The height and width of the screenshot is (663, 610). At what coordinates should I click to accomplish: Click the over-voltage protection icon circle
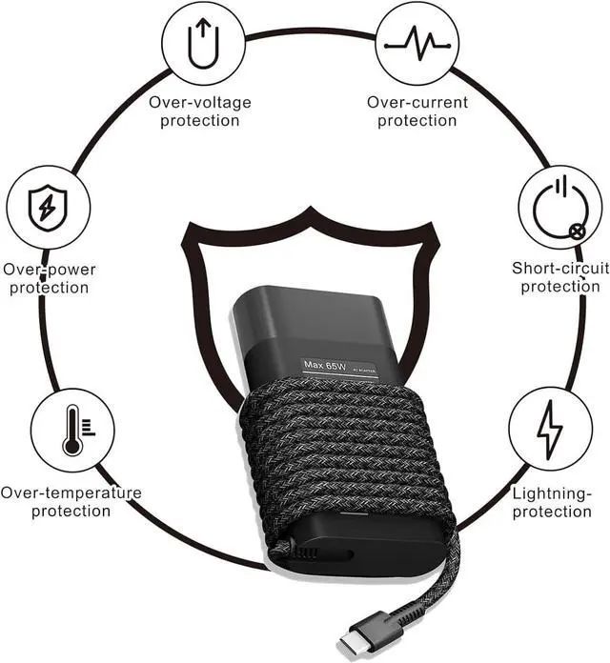[199, 44]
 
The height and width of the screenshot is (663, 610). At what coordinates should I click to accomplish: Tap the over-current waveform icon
[412, 44]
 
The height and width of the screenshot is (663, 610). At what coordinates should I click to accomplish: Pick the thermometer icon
[72, 429]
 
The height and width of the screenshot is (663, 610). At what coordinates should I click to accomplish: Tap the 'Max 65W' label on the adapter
[324, 366]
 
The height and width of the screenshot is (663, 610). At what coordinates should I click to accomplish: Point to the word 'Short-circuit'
[560, 269]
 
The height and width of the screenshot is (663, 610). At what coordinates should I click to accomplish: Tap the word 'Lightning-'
[552, 493]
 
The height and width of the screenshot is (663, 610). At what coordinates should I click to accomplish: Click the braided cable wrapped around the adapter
[343, 457]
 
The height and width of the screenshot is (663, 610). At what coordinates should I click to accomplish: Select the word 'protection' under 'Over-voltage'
[199, 120]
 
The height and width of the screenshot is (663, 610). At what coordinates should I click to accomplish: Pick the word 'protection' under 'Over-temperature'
[71, 512]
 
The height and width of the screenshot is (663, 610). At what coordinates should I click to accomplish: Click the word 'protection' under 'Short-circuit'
[560, 287]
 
